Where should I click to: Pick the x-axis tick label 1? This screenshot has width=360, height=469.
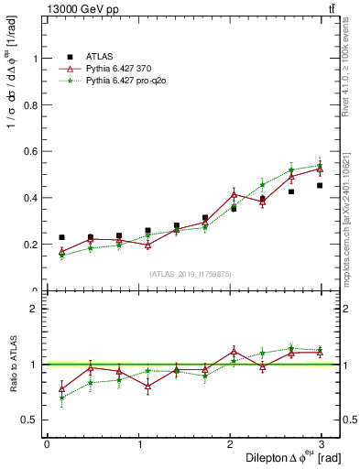point(138,444)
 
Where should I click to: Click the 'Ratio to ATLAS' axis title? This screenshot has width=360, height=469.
point(13,364)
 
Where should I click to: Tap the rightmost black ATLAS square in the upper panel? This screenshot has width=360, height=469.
point(320,185)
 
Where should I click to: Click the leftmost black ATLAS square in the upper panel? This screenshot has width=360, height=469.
point(61,237)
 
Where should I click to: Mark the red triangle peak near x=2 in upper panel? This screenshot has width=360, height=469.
point(234,194)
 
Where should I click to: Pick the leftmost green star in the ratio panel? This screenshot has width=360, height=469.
point(61,398)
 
